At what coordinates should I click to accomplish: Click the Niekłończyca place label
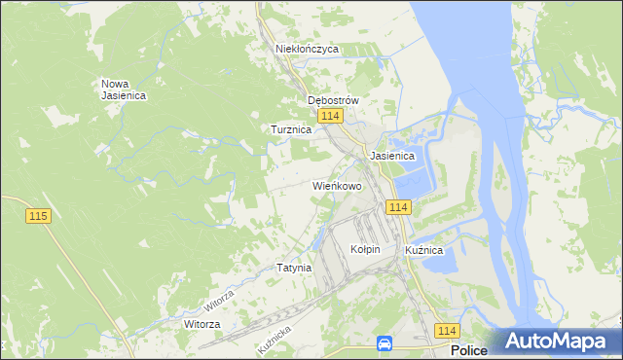(x=307, y=48)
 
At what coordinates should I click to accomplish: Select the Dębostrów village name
(x=334, y=100)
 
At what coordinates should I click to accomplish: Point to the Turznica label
(x=290, y=128)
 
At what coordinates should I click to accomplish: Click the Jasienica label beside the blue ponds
(x=392, y=156)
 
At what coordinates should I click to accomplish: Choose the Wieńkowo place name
(x=337, y=185)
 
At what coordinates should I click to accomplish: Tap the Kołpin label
(x=365, y=250)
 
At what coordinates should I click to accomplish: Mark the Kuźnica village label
(x=424, y=250)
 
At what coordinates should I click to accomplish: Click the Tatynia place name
(x=294, y=268)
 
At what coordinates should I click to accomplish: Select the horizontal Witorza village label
(x=202, y=324)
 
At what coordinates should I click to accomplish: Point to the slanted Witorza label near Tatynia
(x=219, y=294)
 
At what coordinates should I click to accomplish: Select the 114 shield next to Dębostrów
(x=331, y=117)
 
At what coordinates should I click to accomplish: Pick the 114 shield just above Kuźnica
(x=397, y=207)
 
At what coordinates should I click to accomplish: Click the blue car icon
(x=385, y=343)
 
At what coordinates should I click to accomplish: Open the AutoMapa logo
(x=560, y=342)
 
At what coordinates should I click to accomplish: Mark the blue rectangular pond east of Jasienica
(x=413, y=181)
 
